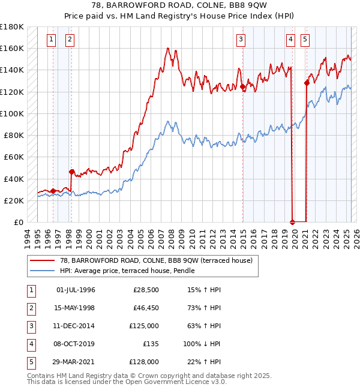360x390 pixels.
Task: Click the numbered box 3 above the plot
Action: (241, 40)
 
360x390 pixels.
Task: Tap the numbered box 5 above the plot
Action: (305, 40)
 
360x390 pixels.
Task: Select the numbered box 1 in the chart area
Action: (51, 40)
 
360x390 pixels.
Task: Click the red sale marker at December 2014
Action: (243, 87)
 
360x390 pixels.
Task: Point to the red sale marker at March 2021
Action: (307, 83)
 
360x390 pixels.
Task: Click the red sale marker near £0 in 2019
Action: (292, 221)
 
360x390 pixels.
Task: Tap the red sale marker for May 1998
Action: (71, 172)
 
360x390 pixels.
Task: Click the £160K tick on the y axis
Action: (13, 48)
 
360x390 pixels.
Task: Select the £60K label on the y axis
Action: (14, 157)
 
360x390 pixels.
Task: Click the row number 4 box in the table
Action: (30, 344)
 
